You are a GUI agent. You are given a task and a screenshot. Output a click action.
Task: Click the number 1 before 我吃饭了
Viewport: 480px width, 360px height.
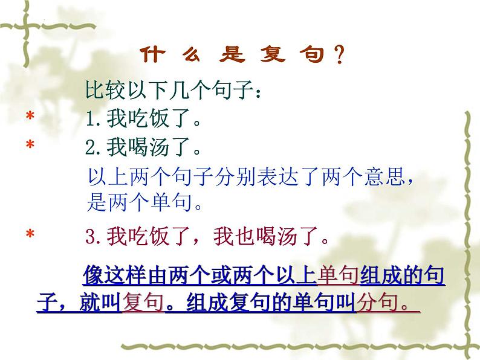tap(92, 120)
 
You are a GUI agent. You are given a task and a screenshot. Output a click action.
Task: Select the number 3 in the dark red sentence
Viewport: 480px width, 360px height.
tap(92, 237)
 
